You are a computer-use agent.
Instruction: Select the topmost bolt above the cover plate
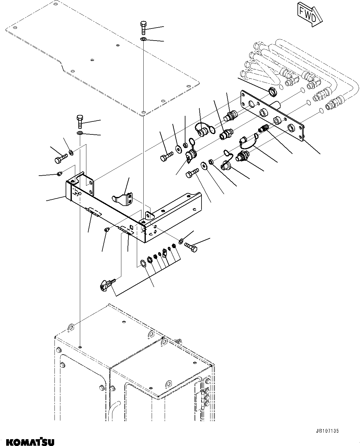[x=143, y=28]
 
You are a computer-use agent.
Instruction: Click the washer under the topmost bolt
[x=143, y=39]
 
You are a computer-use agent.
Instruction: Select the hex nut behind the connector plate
[x=272, y=91]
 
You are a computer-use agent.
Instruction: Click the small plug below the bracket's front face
[x=106, y=230]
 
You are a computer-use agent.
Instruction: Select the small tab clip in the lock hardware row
[x=164, y=256]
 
